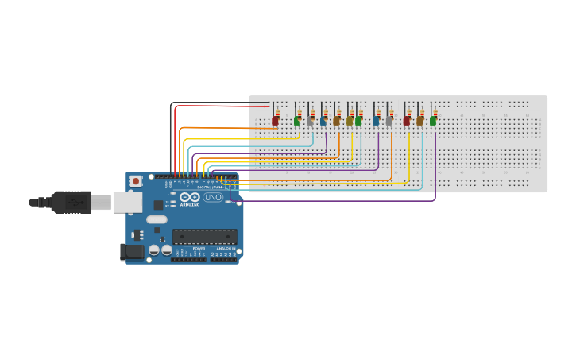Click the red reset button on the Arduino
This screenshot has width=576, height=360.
tap(136, 181)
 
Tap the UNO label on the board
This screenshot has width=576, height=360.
tap(213, 197)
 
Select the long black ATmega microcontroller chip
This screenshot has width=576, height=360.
tap(204, 236)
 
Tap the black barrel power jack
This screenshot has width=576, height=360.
tap(131, 252)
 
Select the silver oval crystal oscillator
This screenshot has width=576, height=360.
tap(157, 219)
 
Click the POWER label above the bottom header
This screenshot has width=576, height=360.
tap(198, 248)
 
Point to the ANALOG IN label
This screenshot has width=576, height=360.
tap(226, 248)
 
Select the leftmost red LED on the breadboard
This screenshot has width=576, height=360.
tap(275, 121)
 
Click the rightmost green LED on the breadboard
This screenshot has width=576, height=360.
tap(433, 121)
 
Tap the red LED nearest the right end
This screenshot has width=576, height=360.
tap(407, 121)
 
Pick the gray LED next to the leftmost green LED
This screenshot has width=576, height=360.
tap(310, 121)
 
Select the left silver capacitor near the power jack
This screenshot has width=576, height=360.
tap(154, 251)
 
